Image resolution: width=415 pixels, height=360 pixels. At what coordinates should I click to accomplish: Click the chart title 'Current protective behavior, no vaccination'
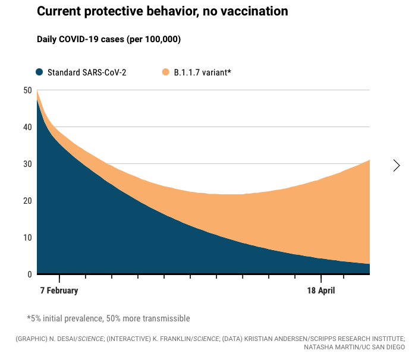(x=162, y=11)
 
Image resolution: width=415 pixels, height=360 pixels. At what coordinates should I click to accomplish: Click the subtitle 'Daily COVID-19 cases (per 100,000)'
(x=109, y=39)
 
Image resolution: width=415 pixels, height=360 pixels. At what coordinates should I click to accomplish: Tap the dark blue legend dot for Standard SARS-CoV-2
(x=40, y=72)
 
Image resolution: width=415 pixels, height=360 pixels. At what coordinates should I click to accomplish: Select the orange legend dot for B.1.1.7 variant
(x=166, y=72)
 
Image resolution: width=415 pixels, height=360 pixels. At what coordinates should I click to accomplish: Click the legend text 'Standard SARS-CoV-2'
(x=87, y=72)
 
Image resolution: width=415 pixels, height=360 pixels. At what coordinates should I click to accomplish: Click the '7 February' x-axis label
(x=59, y=291)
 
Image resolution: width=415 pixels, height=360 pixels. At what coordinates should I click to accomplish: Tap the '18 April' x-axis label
(x=321, y=291)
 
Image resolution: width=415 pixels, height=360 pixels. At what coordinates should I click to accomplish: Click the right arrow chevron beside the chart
(x=397, y=166)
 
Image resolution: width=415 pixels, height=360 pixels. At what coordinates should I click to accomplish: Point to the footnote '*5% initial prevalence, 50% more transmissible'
(x=108, y=318)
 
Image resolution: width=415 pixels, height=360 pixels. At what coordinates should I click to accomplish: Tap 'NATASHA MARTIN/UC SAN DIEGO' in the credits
(x=354, y=346)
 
